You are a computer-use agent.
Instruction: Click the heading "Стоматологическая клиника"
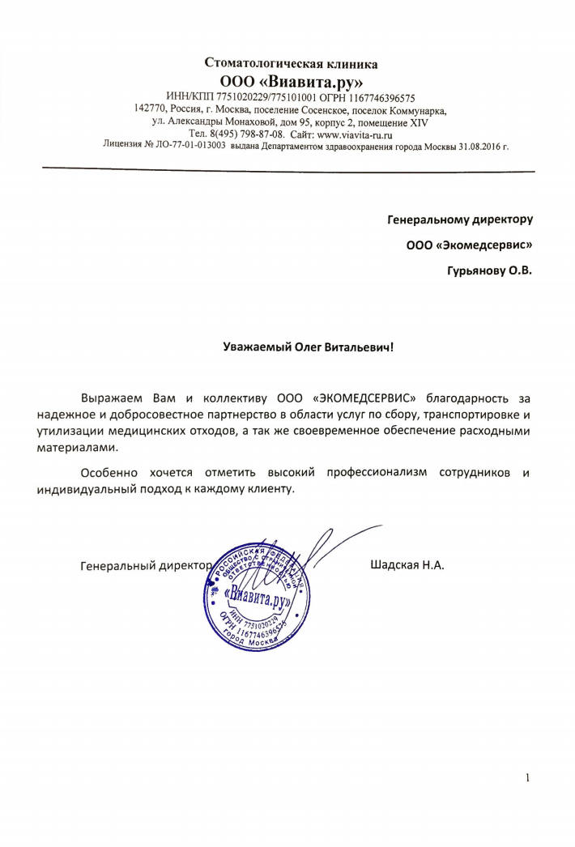coord(290,63)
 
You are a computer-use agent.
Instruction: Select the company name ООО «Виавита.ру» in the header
coord(291,82)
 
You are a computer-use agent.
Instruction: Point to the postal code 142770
coord(150,109)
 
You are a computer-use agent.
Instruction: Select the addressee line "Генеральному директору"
coord(460,219)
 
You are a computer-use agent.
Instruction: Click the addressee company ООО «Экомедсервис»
coord(469,244)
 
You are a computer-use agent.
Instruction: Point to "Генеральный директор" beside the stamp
coord(146,564)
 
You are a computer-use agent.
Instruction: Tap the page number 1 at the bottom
coord(528,779)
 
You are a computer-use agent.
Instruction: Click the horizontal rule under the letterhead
coord(288,170)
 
